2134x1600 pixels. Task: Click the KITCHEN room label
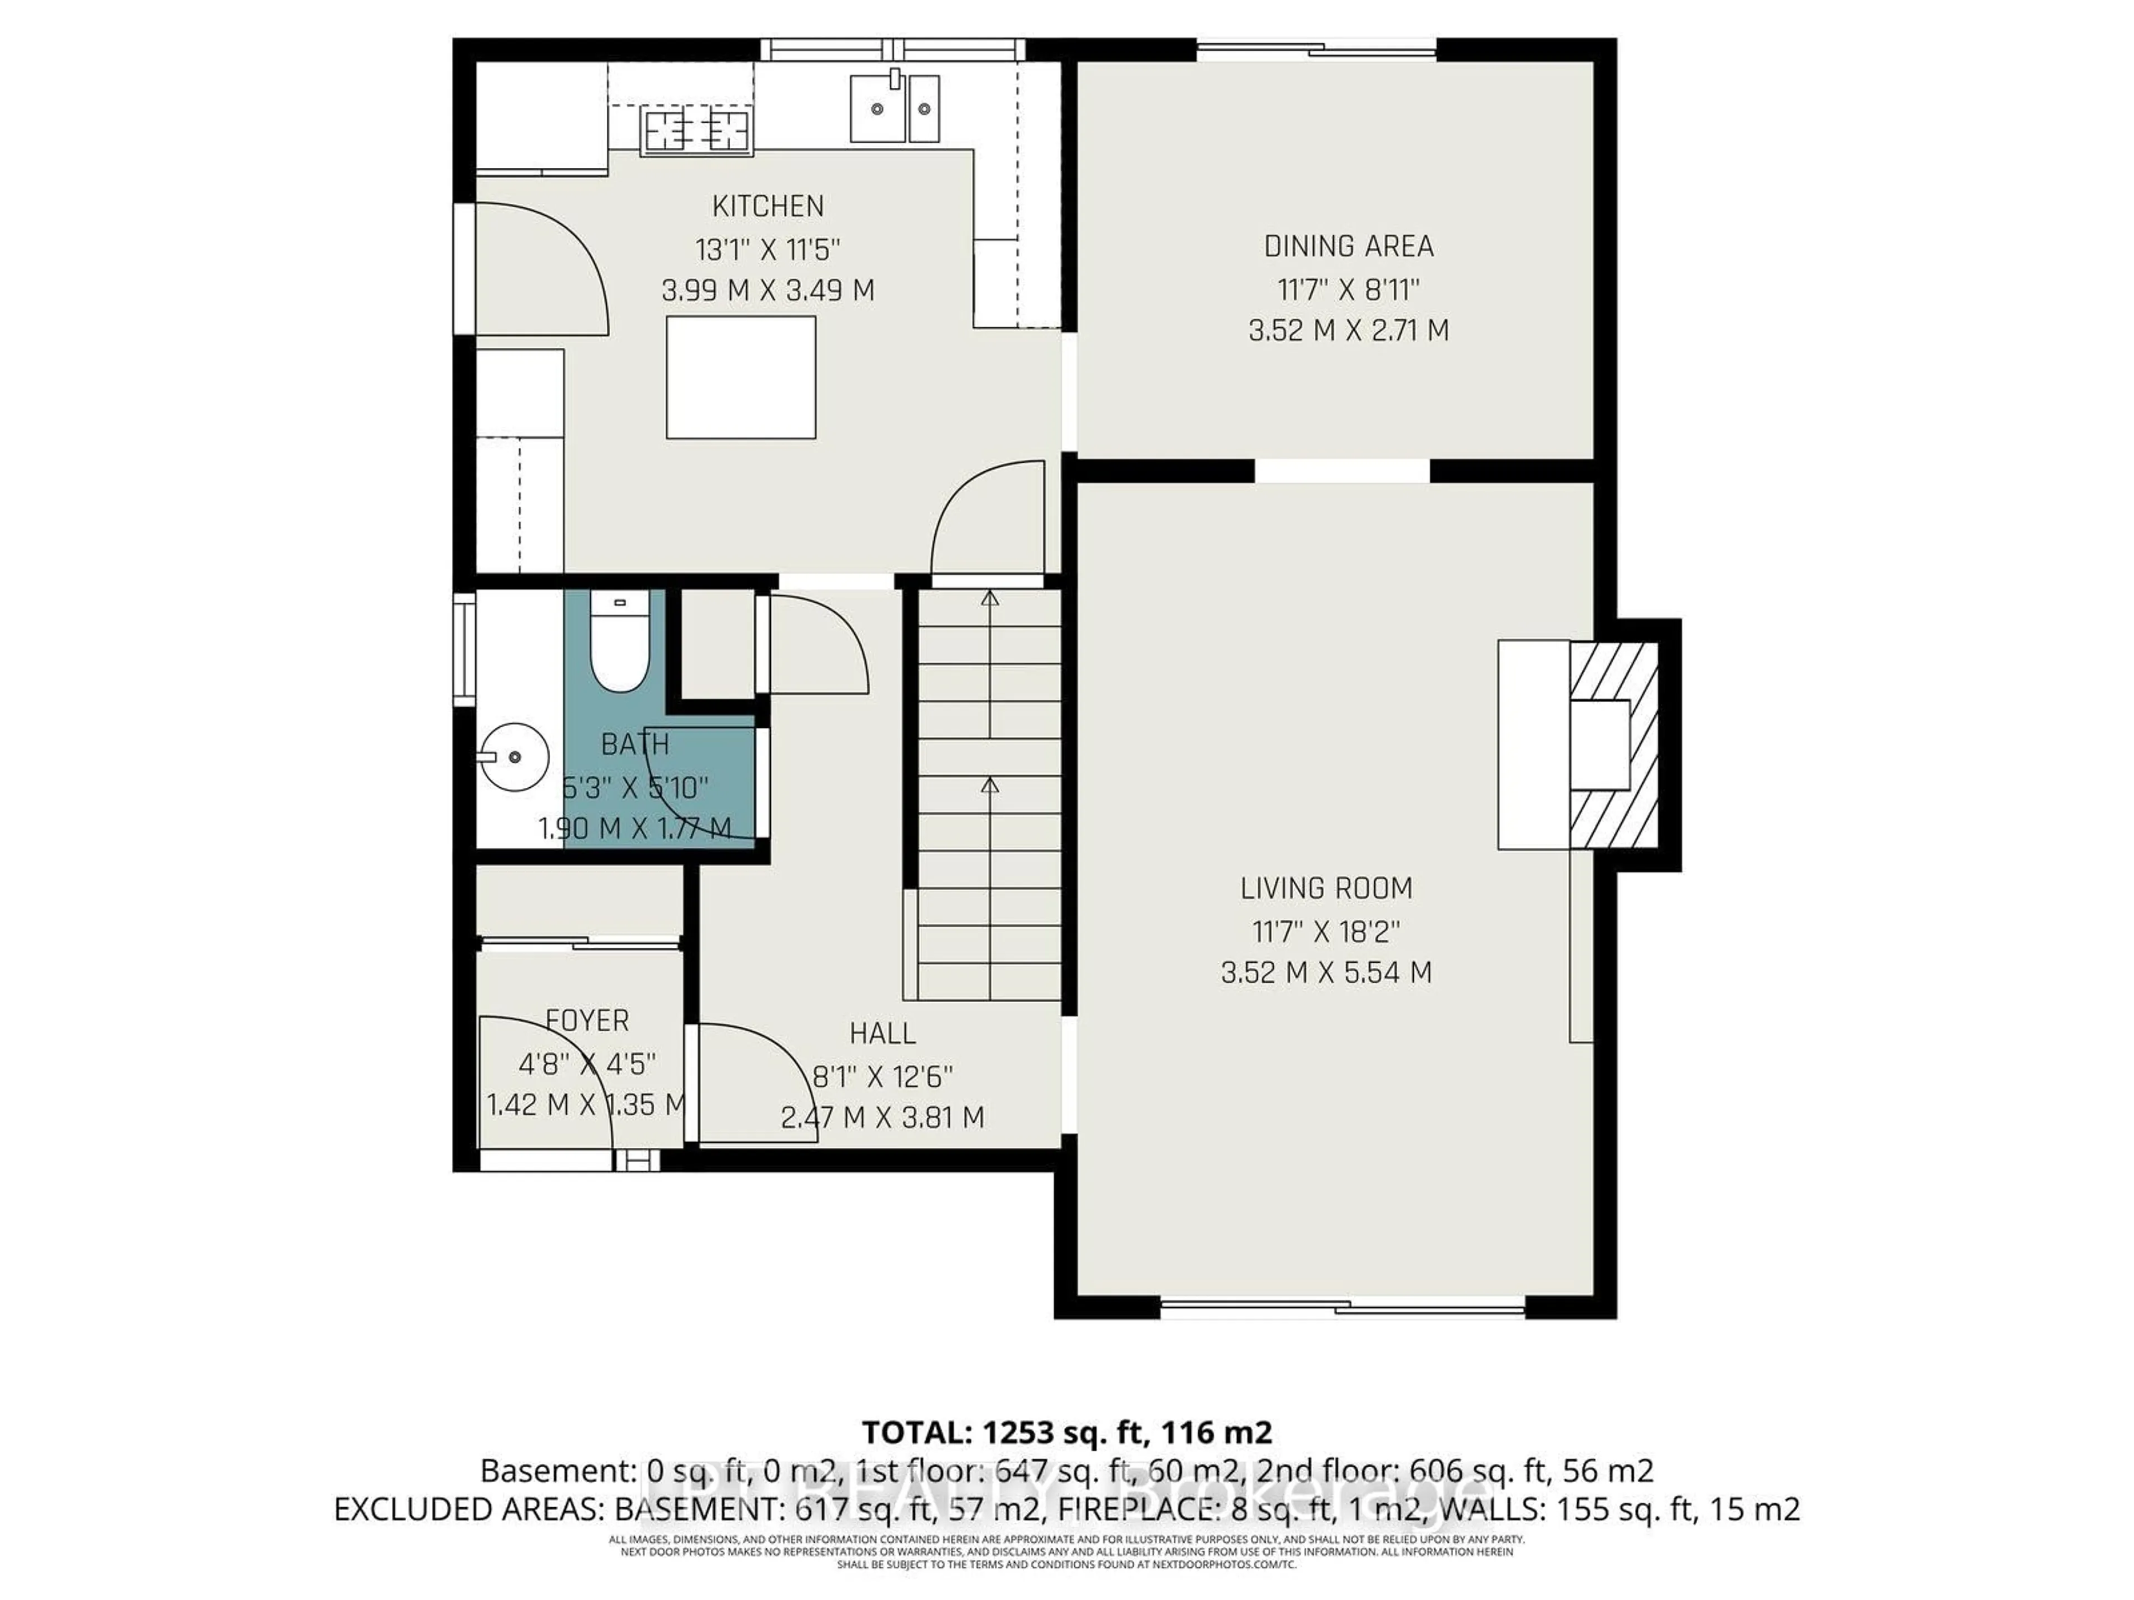click(x=768, y=207)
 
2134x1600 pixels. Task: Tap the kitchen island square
click(x=741, y=377)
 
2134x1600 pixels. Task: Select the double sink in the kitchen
click(x=894, y=109)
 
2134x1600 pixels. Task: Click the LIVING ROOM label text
click(x=1327, y=888)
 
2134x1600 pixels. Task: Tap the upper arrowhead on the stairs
click(x=989, y=598)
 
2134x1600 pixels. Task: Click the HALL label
click(x=882, y=1034)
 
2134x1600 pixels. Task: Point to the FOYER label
click(x=586, y=1021)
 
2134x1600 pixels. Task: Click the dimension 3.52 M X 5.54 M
click(x=1327, y=972)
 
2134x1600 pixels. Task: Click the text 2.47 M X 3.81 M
click(x=882, y=1118)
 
